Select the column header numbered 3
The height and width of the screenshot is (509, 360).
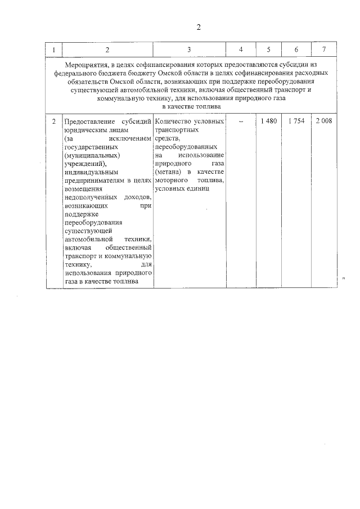(x=189, y=49)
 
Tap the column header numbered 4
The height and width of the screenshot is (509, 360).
(x=240, y=49)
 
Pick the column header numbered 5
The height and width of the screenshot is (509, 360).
(x=268, y=49)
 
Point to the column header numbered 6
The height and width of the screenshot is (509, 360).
(x=296, y=49)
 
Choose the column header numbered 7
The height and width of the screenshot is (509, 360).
(x=323, y=49)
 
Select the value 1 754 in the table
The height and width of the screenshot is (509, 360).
(x=296, y=121)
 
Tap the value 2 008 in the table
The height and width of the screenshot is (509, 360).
(x=323, y=121)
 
